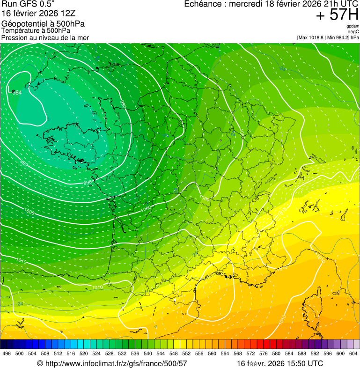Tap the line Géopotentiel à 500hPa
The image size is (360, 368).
pos(43,24)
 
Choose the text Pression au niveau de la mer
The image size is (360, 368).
pos(45,37)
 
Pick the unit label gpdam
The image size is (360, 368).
pos(353,26)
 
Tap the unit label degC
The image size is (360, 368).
pos(353,31)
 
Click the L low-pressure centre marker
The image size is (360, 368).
pos(10,89)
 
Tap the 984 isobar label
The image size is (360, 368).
pos(17,93)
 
